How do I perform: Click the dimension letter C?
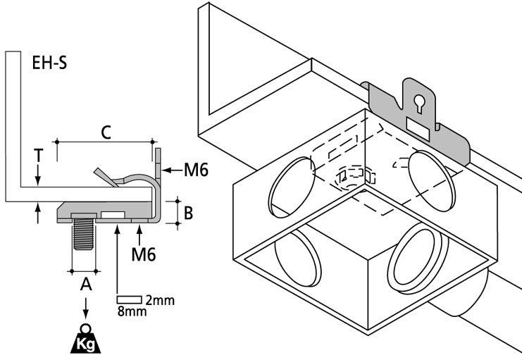(105, 131)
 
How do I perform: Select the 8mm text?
(132, 311)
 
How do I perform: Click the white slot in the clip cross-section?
(114, 215)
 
